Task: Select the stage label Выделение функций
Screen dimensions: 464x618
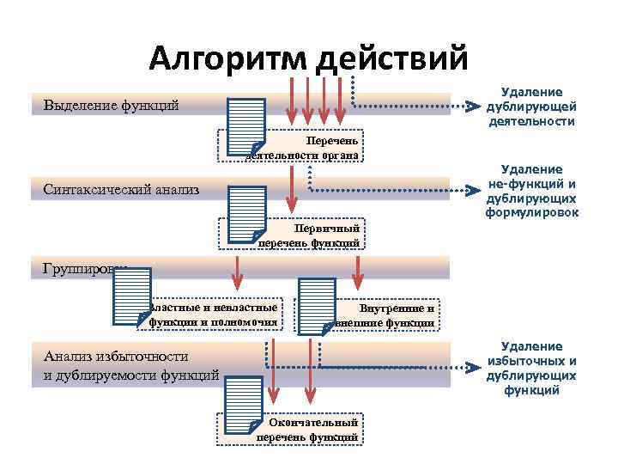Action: tap(111, 106)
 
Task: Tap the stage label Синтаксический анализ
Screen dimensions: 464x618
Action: tap(120, 188)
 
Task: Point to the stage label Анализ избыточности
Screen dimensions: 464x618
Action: tap(116, 357)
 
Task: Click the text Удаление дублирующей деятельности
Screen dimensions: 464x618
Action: tap(531, 107)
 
